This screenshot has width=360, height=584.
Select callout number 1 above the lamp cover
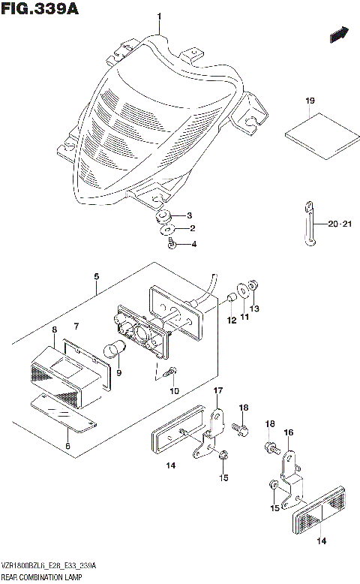[158, 17]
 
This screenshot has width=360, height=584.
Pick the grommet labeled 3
[161, 217]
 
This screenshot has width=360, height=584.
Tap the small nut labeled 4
[172, 242]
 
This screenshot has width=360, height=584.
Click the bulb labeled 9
[116, 348]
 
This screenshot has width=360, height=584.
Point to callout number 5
[95, 276]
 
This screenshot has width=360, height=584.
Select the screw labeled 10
[171, 372]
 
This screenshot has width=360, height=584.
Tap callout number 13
[254, 308]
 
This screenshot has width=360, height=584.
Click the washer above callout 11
[241, 290]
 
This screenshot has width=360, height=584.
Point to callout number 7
[76, 326]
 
